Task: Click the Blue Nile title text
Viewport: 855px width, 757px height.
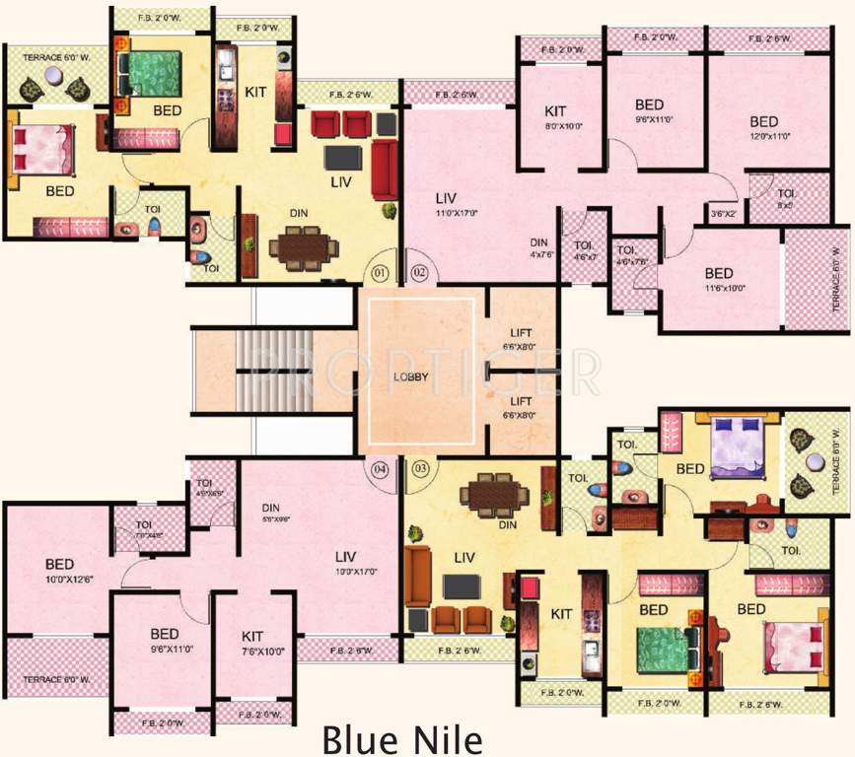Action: [x=427, y=737]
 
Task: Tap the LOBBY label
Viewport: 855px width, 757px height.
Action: [x=410, y=376]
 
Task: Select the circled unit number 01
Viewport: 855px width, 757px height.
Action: [x=381, y=271]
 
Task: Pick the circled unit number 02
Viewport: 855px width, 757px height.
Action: [x=418, y=271]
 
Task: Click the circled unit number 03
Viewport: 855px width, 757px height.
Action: [x=420, y=468]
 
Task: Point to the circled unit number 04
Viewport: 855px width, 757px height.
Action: [x=381, y=468]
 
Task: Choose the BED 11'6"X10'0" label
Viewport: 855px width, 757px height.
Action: [x=719, y=280]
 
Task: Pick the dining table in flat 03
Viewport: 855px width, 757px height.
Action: [x=497, y=493]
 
